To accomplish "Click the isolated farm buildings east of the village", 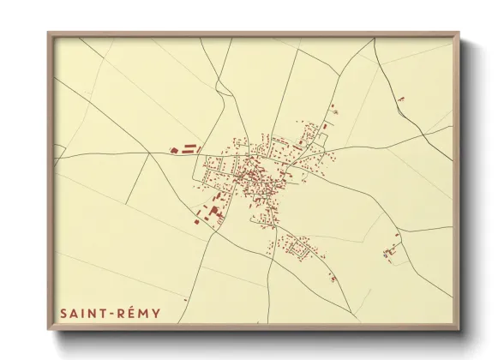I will pyautogui.click(x=392, y=250).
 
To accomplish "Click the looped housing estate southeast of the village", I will pyautogui.click(x=298, y=248).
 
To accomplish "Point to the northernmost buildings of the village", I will pyautogui.click(x=333, y=108).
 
